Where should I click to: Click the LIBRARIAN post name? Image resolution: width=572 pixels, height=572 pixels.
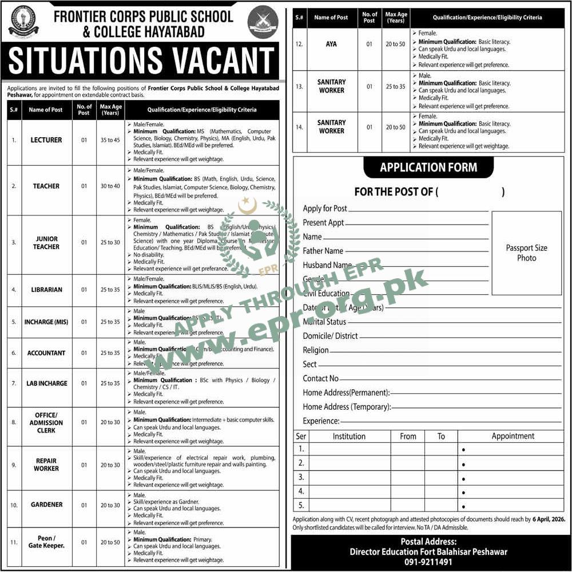[46, 290]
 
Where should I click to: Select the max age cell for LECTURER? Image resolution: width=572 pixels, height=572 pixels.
[110, 140]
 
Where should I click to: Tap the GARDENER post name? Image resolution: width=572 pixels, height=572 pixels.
[46, 505]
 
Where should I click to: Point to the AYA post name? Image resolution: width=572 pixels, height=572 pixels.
[331, 44]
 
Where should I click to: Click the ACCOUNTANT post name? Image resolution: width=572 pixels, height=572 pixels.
[46, 353]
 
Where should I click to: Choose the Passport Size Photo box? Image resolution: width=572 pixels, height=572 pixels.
[526, 253]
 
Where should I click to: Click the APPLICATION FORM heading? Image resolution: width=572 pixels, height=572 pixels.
[428, 167]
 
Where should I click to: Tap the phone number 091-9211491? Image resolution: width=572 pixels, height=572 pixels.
[428, 562]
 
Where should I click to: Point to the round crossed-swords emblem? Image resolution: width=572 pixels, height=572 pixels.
[263, 22]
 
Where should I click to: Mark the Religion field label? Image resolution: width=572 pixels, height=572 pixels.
[316, 350]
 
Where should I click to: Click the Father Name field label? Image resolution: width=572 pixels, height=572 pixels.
[323, 251]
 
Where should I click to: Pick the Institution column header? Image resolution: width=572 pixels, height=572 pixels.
[349, 436]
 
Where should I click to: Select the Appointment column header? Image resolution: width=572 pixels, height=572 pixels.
[513, 436]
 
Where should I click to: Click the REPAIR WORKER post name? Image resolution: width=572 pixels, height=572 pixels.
[46, 465]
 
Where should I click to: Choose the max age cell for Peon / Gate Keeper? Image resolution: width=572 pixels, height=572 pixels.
[110, 542]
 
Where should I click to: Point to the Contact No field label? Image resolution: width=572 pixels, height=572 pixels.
[320, 378]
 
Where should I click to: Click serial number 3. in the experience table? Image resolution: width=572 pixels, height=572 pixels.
[301, 478]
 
